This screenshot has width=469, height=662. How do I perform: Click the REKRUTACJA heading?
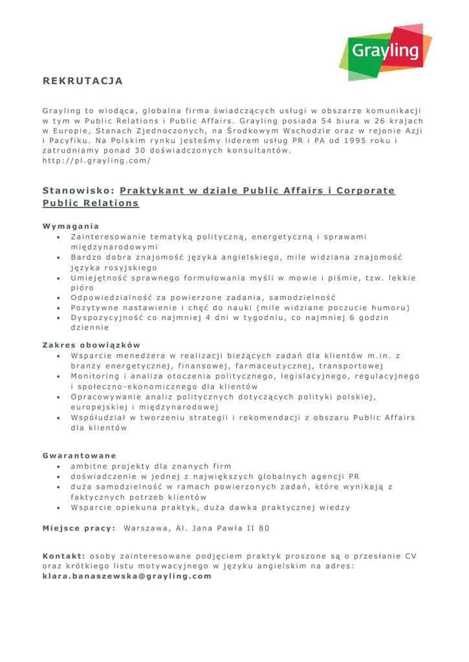click(82, 81)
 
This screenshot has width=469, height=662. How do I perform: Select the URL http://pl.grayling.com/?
click(96, 161)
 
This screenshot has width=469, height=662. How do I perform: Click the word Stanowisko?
click(78, 191)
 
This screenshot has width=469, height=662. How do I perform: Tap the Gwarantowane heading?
click(79, 455)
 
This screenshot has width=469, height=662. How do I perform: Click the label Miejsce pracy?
click(78, 528)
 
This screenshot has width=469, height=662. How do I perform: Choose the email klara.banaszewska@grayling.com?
click(127, 576)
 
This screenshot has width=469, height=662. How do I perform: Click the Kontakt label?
click(64, 555)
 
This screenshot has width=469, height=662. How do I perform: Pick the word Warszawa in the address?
click(147, 528)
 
